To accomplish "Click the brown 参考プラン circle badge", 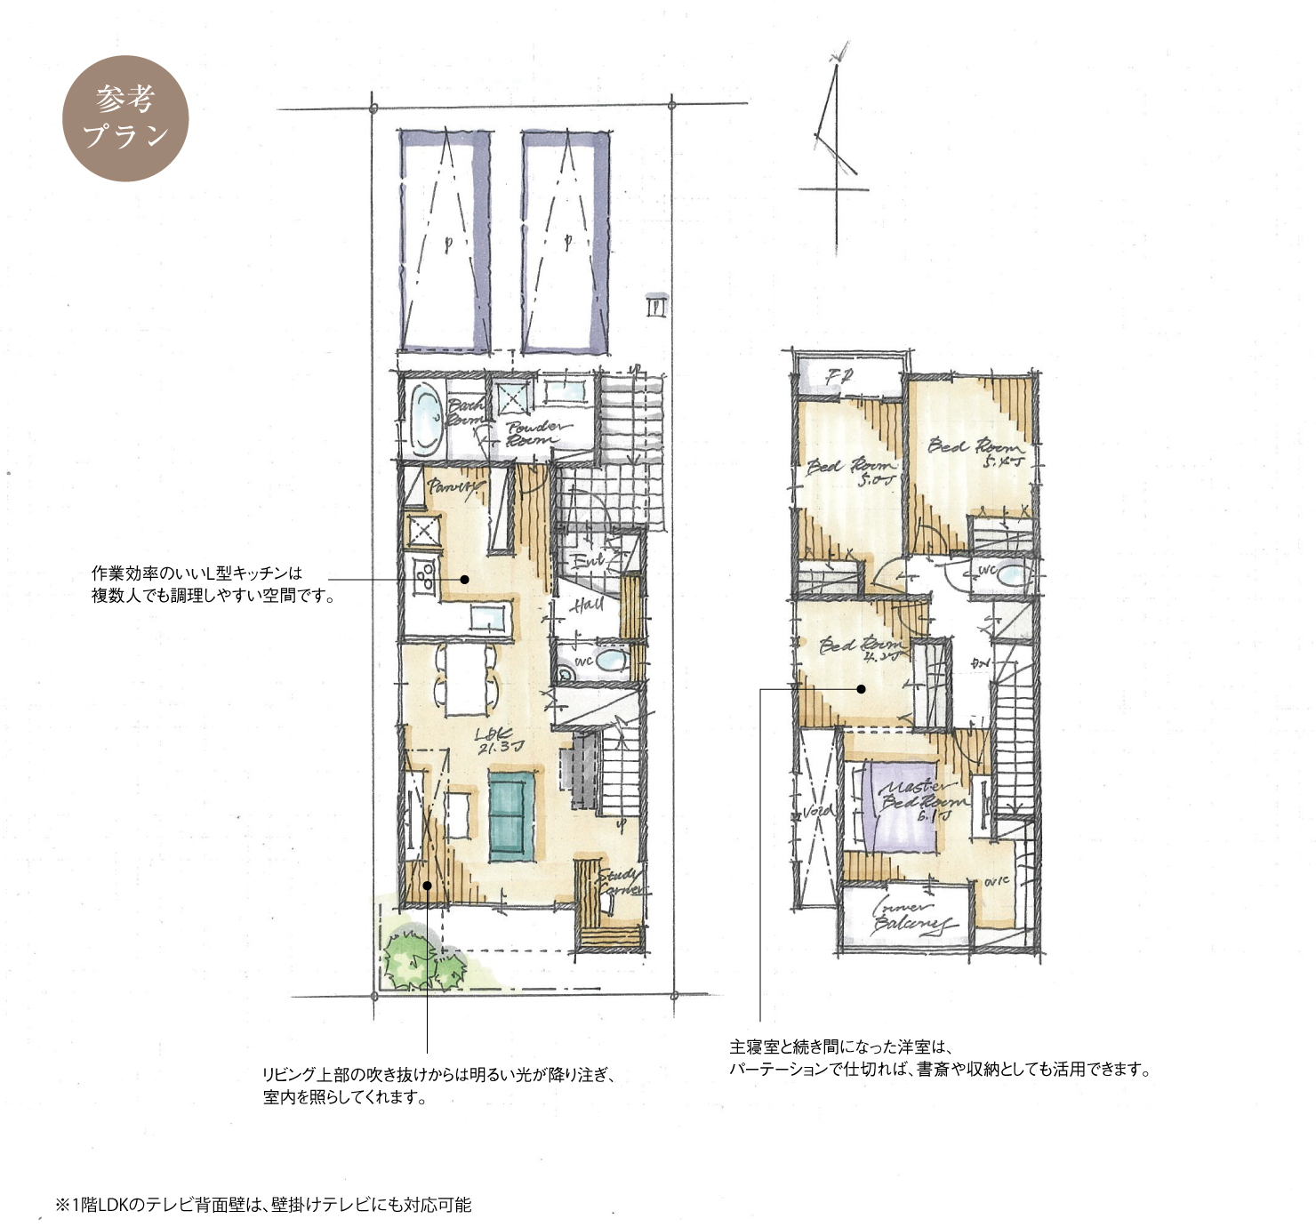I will pyautogui.click(x=125, y=118).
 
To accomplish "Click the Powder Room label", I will pyautogui.click(x=536, y=433).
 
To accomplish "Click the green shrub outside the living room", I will pyautogui.click(x=418, y=960).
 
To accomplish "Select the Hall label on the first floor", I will pyautogui.click(x=588, y=605).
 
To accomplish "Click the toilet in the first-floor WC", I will pyautogui.click(x=611, y=660).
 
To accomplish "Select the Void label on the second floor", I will pyautogui.click(x=817, y=811).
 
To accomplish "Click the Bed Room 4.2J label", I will pyautogui.click(x=859, y=648).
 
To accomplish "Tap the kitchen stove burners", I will pyautogui.click(x=421, y=577).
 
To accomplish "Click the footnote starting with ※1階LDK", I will pyautogui.click(x=263, y=1205).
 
